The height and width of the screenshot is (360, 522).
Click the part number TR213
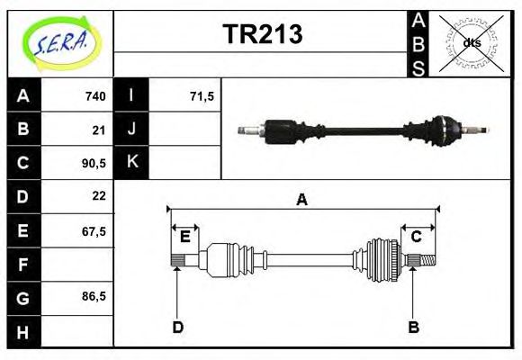[262, 34]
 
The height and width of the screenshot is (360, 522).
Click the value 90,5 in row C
[94, 164]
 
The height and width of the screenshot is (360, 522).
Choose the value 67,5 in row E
[94, 230]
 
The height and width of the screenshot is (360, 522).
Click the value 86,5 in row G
[94, 295]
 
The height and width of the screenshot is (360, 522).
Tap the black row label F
[23, 265]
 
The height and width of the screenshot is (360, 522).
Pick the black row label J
[131, 130]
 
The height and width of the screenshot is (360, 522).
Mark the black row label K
[131, 163]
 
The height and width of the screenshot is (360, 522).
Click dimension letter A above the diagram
[301, 201]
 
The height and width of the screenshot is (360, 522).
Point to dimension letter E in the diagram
[184, 237]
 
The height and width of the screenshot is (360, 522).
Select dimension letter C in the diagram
[417, 237]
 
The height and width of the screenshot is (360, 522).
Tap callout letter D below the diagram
[177, 327]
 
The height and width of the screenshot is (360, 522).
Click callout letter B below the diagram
[414, 327]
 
